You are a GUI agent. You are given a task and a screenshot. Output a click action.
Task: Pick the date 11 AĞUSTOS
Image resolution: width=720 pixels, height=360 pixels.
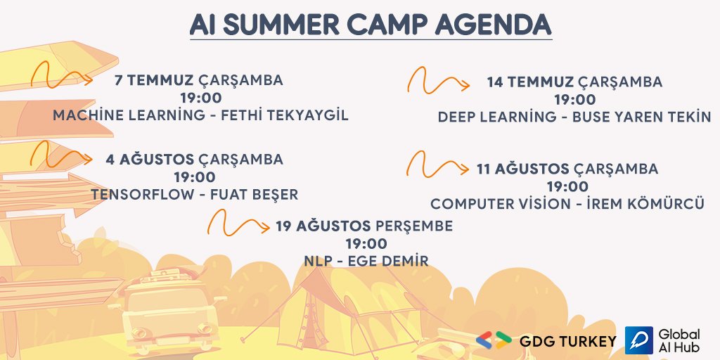click(522, 169)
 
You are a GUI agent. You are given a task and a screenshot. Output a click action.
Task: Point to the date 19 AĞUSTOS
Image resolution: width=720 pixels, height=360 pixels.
click(323, 226)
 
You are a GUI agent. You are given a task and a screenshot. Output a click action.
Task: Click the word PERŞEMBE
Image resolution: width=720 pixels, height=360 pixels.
click(414, 226)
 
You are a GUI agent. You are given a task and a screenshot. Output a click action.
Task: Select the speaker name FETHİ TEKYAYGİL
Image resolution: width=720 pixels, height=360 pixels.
click(281, 115)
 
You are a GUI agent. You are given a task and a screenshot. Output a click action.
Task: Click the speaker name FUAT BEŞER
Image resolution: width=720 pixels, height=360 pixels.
click(255, 194)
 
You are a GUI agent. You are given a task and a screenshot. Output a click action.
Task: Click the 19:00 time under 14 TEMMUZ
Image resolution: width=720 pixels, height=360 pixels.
click(574, 100)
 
